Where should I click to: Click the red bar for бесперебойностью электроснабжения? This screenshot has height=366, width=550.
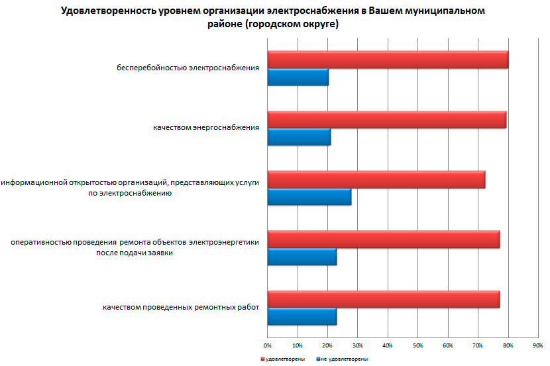[388, 60]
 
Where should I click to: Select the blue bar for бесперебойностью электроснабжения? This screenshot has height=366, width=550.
[298, 78]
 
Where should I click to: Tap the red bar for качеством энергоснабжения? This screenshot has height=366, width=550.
[386, 120]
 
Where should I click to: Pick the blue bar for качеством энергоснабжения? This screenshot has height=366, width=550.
[299, 137]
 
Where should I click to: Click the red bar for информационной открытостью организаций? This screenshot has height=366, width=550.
[376, 180]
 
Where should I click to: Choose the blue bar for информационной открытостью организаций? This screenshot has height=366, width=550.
[309, 197]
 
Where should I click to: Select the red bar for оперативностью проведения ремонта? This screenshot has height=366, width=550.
[383, 239]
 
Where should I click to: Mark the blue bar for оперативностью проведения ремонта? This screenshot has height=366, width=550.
[302, 256]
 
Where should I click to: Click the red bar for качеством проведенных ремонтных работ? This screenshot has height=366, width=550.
[383, 299]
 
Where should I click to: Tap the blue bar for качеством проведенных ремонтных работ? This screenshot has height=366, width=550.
[302, 316]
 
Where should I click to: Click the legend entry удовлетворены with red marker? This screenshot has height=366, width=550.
[282, 359]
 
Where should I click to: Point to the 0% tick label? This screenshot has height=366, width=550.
[268, 345]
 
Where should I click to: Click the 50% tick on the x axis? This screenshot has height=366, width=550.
[417, 345]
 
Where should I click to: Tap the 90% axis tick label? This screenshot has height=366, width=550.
[537, 345]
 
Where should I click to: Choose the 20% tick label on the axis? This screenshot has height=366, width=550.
[327, 345]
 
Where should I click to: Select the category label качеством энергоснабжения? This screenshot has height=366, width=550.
[205, 127]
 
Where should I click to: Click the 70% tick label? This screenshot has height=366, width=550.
[478, 345]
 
